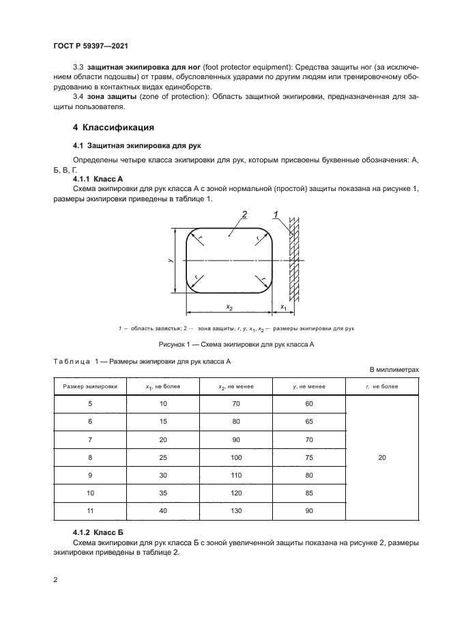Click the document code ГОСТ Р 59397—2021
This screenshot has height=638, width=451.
[91, 46]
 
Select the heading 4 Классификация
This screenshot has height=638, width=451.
[113, 128]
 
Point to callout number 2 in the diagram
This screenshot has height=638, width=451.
[243, 215]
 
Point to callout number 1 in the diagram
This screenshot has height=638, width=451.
[276, 215]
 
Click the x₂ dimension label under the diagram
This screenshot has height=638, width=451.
[230, 308]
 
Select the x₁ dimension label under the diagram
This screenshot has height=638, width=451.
[283, 308]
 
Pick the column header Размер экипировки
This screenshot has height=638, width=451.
[90, 386]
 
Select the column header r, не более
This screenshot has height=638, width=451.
[381, 386]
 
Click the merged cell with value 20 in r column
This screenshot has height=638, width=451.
[381, 458]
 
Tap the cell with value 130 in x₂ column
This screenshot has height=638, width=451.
[236, 511]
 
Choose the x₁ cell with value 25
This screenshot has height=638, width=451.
[162, 458]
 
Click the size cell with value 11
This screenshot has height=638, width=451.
[90, 511]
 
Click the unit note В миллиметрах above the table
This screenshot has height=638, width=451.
[394, 369]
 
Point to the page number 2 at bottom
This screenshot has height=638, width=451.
[56, 580]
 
